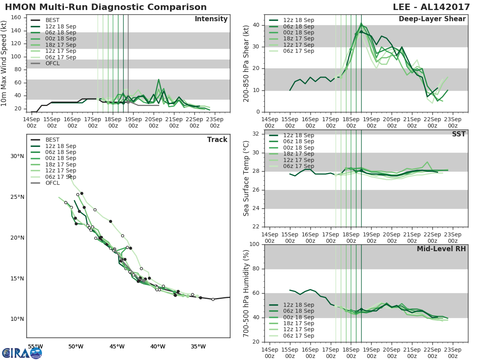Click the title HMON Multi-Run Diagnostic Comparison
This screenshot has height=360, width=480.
pyautogui.click(x=106, y=7)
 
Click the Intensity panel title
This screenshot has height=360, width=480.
pyautogui.click(x=211, y=19)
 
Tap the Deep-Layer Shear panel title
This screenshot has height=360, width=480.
pyautogui.click(x=432, y=19)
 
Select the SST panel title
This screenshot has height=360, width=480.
pyautogui.click(x=458, y=134)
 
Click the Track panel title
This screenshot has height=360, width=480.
pyautogui.click(x=217, y=140)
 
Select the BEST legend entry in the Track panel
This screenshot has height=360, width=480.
pyautogui.click(x=52, y=140)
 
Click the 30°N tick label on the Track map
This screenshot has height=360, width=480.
pyautogui.click(x=17, y=156)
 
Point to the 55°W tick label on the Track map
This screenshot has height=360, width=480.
pyautogui.click(x=35, y=346)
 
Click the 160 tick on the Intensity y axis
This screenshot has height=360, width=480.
pyautogui.click(x=16, y=17)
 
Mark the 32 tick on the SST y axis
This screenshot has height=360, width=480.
pyautogui.click(x=256, y=134)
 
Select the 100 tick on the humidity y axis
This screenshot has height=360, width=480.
pyautogui.click(x=254, y=244)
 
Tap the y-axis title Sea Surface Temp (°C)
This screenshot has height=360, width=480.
pyautogui.click(x=246, y=178)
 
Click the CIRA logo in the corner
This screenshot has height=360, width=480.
pyautogui.click(x=22, y=353)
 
